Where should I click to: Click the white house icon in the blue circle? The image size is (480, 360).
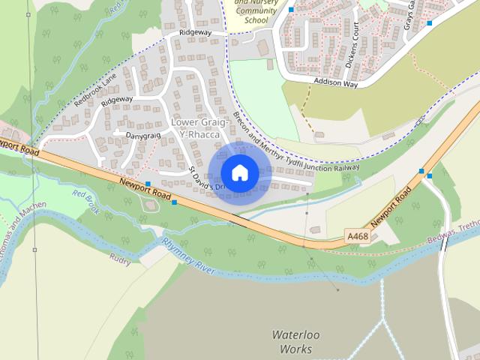(240, 172)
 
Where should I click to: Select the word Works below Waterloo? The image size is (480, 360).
(295, 349)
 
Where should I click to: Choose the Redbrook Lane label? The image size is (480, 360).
(96, 91)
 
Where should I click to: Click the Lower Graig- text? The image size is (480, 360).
(195, 121)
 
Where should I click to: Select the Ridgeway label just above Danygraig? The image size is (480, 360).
(117, 100)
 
